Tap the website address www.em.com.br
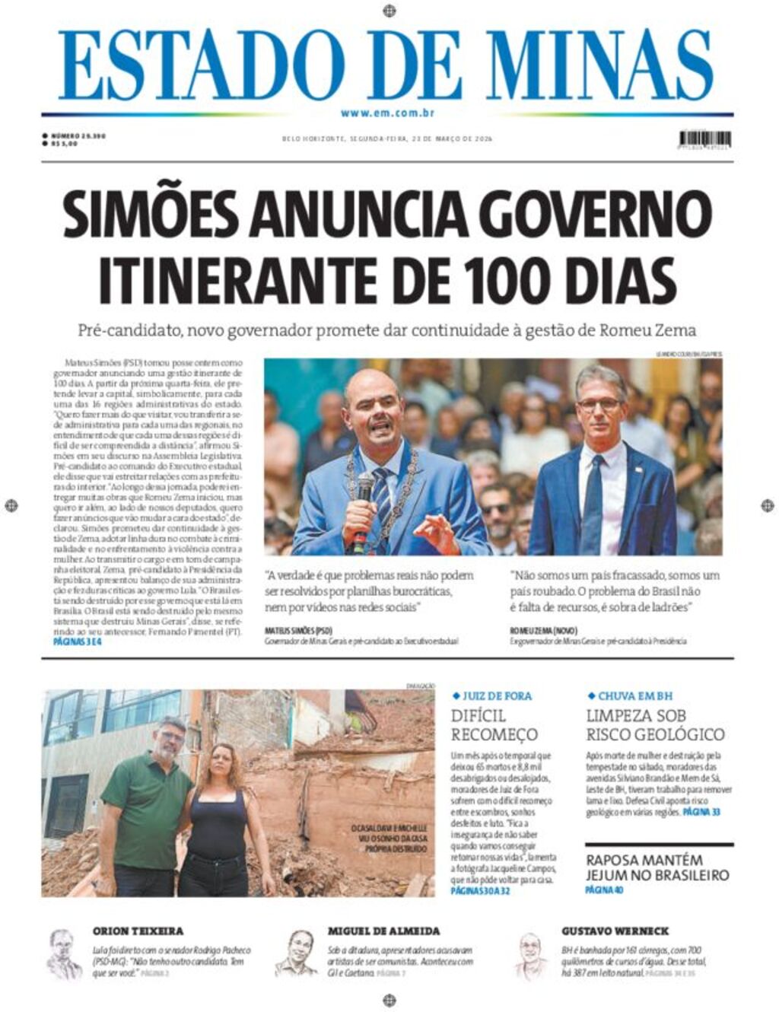387,113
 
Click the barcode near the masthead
704,139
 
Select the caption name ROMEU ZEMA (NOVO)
543,631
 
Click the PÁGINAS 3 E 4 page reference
78,641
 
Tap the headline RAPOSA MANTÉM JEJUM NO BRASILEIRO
657,867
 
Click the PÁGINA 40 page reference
604,889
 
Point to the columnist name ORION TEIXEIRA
138,931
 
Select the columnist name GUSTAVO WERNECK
615,931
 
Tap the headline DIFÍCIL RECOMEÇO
494,725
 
